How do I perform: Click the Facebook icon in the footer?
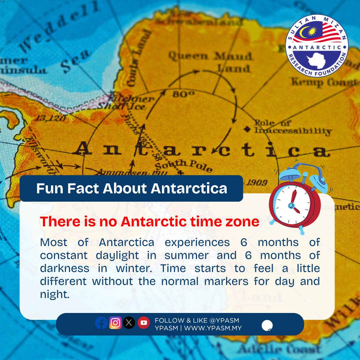[x=102, y=323]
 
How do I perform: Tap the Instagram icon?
[x=115, y=323]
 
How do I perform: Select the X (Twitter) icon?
[x=129, y=323]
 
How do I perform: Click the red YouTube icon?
[x=144, y=323]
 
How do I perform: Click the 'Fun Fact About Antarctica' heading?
[x=132, y=188]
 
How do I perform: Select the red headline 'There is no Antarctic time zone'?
[x=149, y=222]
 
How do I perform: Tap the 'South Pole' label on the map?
[x=183, y=165]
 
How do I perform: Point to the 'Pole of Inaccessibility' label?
[x=292, y=127]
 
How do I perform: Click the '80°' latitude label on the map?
[x=183, y=95]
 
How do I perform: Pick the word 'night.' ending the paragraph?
[x=55, y=294]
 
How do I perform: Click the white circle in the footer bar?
[x=267, y=325]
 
